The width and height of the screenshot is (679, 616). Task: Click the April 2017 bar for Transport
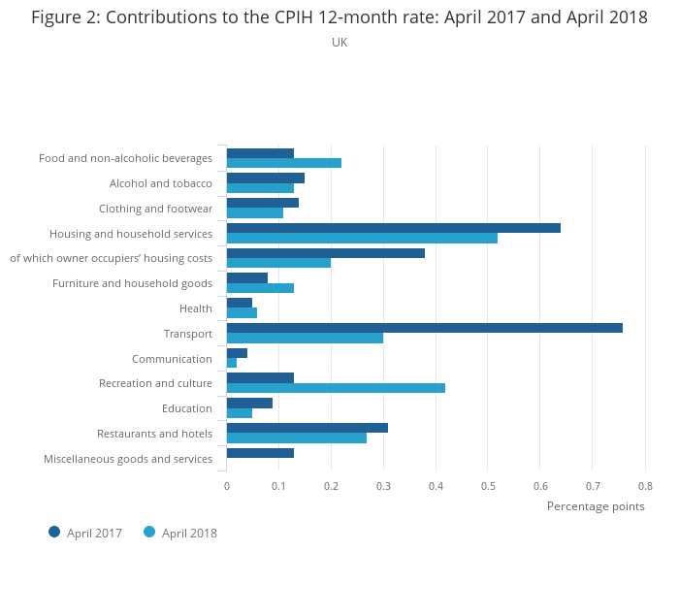coord(424,328)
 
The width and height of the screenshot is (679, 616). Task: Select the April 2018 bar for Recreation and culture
coord(336,388)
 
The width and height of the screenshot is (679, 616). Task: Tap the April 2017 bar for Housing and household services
coord(393,228)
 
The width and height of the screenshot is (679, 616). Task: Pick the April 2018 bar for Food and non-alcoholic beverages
coord(283,163)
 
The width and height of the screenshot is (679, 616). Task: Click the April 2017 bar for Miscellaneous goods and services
coord(260,453)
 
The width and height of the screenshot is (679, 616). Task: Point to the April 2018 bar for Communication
coord(232,363)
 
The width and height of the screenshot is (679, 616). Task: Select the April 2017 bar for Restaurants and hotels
coord(307,428)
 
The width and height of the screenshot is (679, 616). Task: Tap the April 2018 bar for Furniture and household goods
coord(260,288)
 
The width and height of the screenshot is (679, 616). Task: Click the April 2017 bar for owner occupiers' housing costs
coord(325,253)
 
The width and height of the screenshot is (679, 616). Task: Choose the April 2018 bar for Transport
coord(305,339)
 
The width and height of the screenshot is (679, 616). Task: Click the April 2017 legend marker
coord(54,532)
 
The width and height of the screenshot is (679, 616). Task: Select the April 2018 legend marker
coord(149,532)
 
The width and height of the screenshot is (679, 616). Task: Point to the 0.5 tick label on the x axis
coord(488,486)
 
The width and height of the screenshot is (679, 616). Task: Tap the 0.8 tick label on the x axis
coord(645,486)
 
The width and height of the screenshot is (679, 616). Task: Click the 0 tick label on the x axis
coord(226,486)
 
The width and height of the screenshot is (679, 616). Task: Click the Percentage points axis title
coord(596,506)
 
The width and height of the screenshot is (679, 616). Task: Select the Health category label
coord(195,309)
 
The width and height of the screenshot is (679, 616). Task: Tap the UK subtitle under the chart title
coord(339,43)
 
